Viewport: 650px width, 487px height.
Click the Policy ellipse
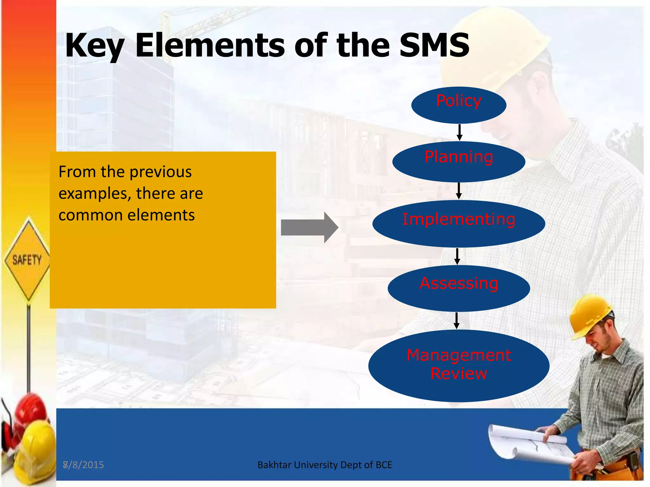(x=459, y=105)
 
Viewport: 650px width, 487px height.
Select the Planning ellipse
(x=459, y=162)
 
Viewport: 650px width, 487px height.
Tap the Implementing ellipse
(x=459, y=224)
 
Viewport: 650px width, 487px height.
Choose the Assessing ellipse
(x=459, y=288)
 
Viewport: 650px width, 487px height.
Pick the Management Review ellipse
(x=459, y=366)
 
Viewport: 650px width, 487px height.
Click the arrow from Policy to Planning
(x=459, y=133)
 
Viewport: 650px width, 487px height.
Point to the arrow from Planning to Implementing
(x=459, y=191)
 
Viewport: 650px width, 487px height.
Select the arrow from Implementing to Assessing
(x=457, y=256)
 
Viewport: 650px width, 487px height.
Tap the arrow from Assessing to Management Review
(x=456, y=321)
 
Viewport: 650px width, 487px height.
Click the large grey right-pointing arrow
(x=309, y=227)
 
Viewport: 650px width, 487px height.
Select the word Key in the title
(x=95, y=46)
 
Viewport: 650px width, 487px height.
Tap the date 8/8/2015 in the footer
(x=83, y=465)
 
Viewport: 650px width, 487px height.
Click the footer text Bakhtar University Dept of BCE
(x=325, y=465)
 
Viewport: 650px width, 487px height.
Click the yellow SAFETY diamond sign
(x=28, y=259)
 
